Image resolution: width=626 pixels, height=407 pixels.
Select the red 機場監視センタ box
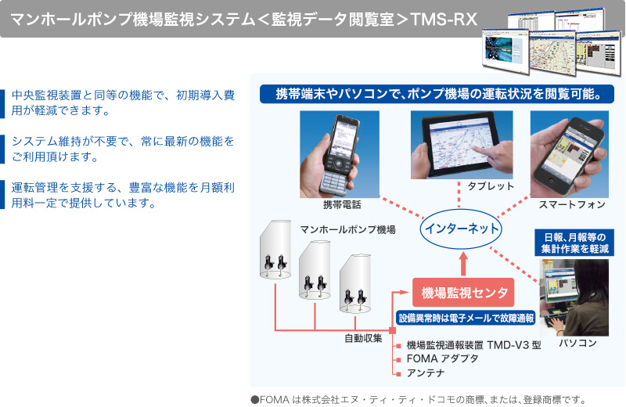[x=463, y=293]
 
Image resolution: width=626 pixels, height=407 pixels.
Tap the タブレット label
[x=491, y=186]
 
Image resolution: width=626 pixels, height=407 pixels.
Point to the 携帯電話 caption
[x=342, y=205]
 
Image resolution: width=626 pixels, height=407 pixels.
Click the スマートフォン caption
[x=572, y=205]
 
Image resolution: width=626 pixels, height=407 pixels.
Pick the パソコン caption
[x=577, y=343]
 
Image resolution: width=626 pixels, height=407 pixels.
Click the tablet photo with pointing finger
[x=462, y=145]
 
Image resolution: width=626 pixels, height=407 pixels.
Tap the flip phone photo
[x=340, y=154]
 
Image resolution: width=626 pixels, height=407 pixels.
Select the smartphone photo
[x=570, y=154]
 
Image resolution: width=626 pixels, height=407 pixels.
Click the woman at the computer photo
[x=574, y=297]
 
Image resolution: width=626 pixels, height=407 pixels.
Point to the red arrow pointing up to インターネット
[x=463, y=263]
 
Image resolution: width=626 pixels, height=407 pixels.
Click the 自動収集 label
[x=363, y=338]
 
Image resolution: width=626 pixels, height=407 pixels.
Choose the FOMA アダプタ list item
[x=442, y=358]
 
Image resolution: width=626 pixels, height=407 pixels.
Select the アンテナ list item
[x=426, y=373]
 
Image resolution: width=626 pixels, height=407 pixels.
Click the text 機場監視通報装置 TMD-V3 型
[x=474, y=344]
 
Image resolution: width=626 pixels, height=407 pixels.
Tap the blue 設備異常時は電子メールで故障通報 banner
[x=466, y=318]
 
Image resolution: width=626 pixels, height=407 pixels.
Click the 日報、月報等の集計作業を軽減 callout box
[x=574, y=243]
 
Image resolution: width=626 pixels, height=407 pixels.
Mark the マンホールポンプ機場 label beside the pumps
[x=347, y=229]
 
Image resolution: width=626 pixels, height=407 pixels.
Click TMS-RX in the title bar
[x=444, y=19]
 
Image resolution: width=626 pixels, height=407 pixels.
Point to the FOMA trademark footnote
[x=419, y=399]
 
